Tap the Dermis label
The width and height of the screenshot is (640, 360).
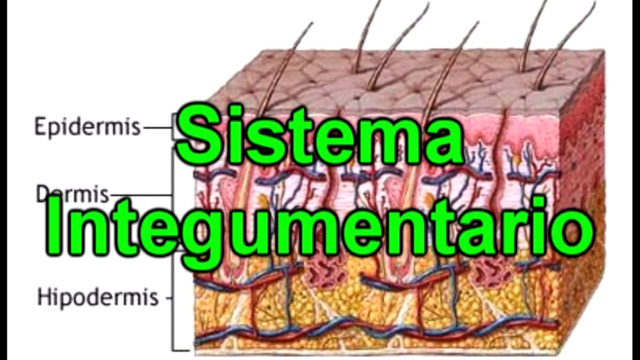pos(73,194)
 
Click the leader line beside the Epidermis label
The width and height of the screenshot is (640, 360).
pos(157,127)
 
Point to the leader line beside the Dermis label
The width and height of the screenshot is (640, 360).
pos(141,195)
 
